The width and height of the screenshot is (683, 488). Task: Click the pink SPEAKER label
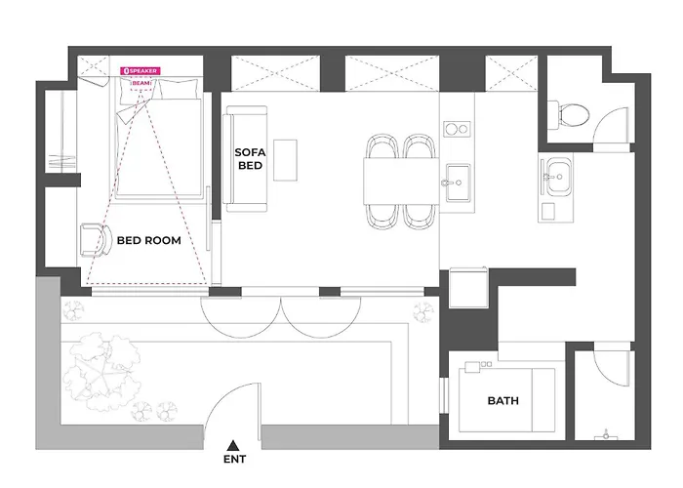pos(141,70)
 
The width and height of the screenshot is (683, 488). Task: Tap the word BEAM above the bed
pos(141,83)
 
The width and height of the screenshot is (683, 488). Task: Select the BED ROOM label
pos(149,240)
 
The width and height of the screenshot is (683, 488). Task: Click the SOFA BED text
pos(250,159)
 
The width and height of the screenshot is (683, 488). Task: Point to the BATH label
pos(503,401)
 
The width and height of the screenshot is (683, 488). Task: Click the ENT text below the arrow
pos(235,460)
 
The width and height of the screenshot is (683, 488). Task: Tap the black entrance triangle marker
pos(233,445)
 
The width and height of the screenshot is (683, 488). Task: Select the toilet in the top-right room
pos(569,115)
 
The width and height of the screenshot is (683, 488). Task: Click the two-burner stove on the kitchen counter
pos(457,129)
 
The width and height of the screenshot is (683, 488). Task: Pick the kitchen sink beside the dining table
pos(458,183)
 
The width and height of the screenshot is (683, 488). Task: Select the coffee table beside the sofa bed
pos(285,160)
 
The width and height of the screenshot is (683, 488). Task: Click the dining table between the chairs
pos(401,181)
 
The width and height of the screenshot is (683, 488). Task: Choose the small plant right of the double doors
pos(423,312)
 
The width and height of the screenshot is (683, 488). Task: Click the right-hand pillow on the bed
pos(179,89)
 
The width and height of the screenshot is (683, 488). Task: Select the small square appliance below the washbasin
pos(548,212)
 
